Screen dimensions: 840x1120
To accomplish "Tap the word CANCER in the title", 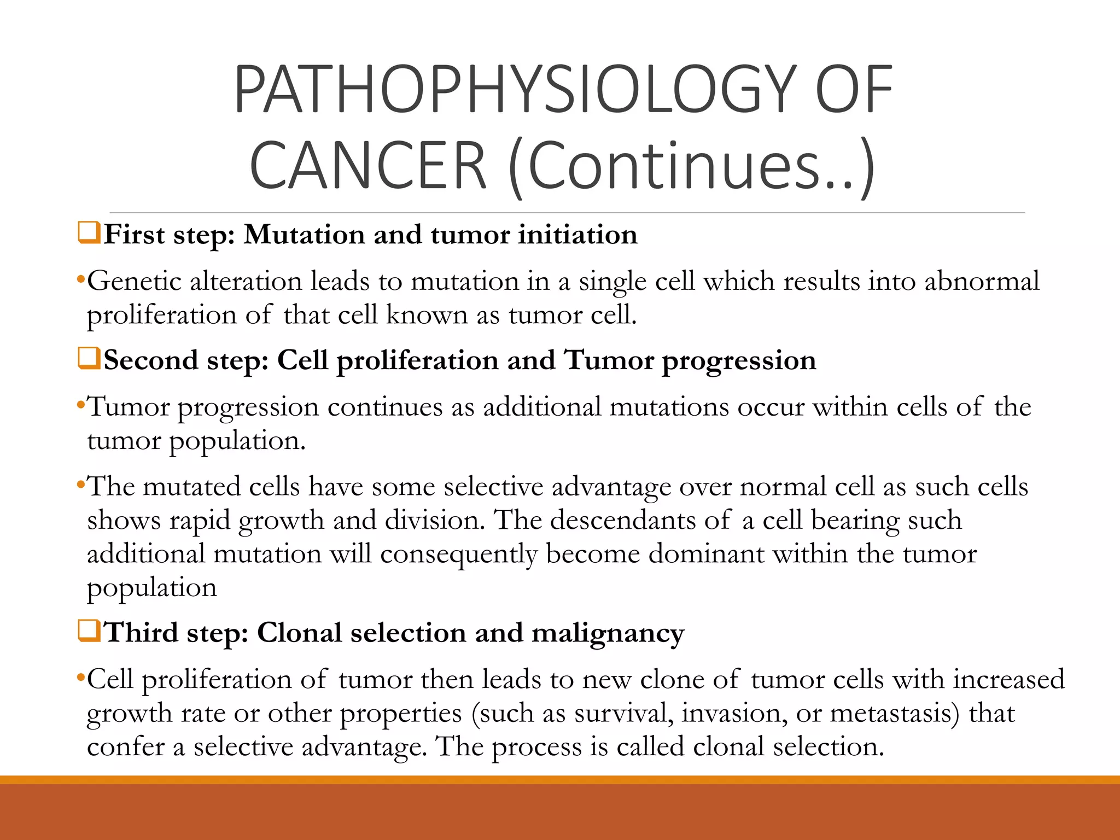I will coord(367,166).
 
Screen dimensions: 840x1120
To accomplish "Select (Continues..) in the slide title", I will coord(692,166).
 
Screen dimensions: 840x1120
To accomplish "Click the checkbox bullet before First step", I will coord(89,233).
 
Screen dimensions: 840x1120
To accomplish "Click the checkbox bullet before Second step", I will coord(89,359).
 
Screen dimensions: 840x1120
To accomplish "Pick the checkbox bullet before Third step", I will coord(89,631).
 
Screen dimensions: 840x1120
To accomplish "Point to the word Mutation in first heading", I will coord(305,235).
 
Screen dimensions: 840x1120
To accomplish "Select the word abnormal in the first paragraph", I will coord(982,281).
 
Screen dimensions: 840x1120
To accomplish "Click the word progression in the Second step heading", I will coord(739,361).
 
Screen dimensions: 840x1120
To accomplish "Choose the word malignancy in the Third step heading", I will coord(608,634).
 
